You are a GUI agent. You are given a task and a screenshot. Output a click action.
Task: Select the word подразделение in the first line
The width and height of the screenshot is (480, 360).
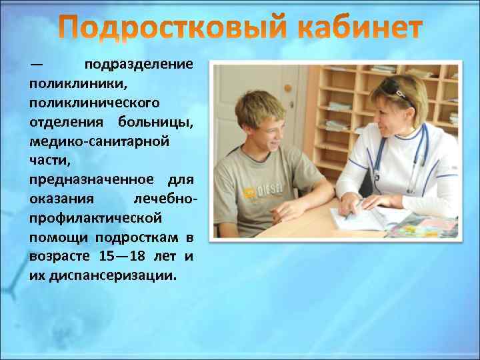pyautogui.click(x=139, y=65)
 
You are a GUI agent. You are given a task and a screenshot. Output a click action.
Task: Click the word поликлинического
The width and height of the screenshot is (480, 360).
pyautogui.click(x=94, y=104)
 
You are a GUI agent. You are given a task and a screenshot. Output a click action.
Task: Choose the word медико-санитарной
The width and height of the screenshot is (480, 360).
pyautogui.click(x=99, y=142)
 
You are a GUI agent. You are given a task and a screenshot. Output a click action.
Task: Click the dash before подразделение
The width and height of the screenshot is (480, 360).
pyautogui.click(x=36, y=65)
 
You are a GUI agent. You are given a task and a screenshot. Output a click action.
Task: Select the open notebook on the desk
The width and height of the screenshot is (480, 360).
pyautogui.click(x=360, y=217)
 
